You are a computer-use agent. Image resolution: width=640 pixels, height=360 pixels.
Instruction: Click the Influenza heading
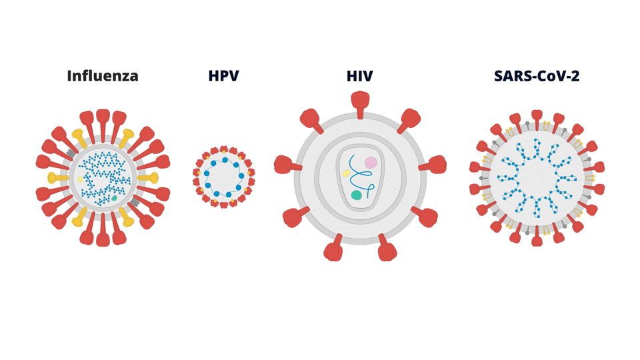[x=103, y=76]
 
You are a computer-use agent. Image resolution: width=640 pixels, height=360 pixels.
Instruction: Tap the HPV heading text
[x=223, y=76]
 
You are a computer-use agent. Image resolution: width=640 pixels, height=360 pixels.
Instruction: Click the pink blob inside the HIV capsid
[x=371, y=163]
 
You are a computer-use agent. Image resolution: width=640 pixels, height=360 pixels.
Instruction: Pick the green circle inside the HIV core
[x=357, y=195]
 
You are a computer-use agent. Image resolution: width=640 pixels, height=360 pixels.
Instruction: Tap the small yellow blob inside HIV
[x=346, y=173]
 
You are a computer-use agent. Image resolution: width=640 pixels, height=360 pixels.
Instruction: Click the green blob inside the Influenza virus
[x=115, y=198]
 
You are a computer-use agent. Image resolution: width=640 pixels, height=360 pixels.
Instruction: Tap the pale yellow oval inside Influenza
[x=80, y=179]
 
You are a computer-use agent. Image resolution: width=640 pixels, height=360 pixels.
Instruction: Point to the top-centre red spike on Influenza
[x=103, y=120]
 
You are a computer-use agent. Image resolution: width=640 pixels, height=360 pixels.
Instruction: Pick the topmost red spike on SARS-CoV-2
[x=537, y=121]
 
